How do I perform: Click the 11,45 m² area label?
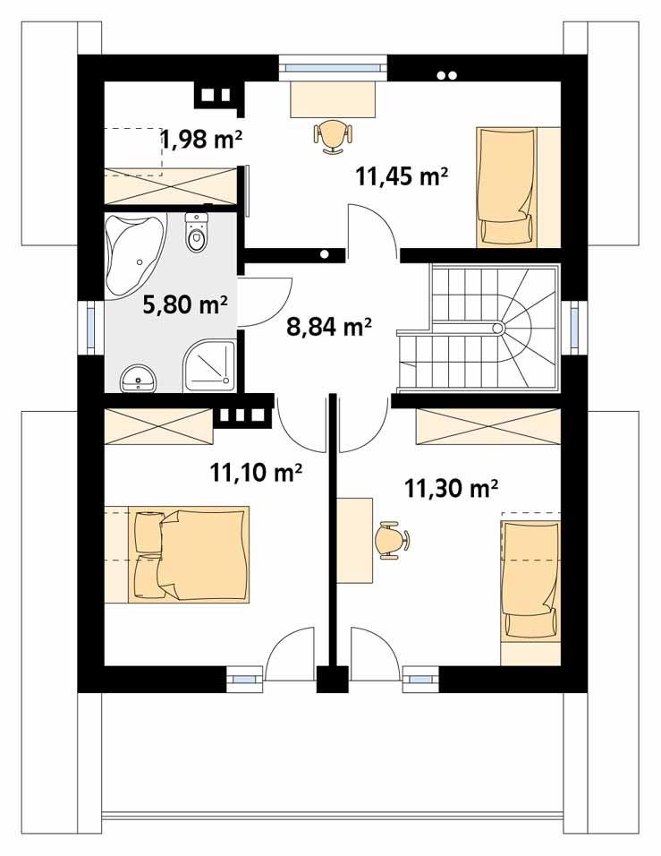(x=402, y=176)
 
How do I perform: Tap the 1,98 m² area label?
(x=201, y=139)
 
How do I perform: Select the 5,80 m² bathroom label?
(x=184, y=304)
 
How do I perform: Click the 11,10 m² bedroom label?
(x=256, y=472)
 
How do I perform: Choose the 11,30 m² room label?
(x=451, y=489)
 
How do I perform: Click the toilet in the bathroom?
(x=197, y=233)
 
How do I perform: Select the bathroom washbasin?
(x=139, y=378)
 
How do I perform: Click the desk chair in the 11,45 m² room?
(x=333, y=136)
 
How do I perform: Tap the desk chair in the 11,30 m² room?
(x=392, y=541)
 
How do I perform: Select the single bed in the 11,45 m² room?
(x=506, y=186)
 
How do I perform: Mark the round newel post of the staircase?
(x=497, y=328)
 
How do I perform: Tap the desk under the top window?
(x=333, y=98)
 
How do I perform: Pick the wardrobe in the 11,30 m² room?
(x=488, y=426)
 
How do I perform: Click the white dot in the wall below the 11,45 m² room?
(x=325, y=254)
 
